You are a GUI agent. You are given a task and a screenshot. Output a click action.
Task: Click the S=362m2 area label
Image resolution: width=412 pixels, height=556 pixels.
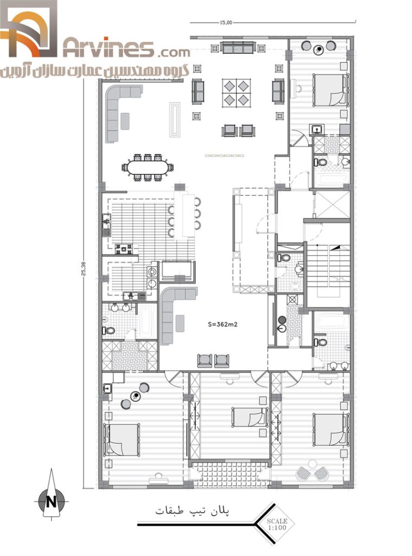[x=223, y=324]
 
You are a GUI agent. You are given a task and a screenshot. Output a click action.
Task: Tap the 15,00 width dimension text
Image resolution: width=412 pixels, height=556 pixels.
[x=226, y=23]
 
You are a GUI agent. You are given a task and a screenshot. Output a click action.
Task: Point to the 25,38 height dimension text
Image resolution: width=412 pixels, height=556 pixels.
[x=83, y=268]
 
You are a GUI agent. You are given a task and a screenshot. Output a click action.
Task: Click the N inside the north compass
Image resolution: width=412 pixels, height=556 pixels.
[x=51, y=502]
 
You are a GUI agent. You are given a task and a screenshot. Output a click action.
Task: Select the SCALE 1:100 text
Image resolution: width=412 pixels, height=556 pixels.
[x=277, y=524]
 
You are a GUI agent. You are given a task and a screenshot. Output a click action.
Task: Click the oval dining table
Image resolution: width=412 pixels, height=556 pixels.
[x=148, y=167]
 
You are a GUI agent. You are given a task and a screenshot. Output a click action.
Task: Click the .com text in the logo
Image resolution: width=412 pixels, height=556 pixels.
[x=173, y=53]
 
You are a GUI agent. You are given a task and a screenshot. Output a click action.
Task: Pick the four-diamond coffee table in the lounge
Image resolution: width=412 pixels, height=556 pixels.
[x=236, y=93]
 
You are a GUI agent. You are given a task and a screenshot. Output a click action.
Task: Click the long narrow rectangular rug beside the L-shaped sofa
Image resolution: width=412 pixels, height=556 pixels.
[x=175, y=119]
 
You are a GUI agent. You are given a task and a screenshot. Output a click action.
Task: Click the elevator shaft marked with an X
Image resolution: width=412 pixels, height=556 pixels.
[x=332, y=205]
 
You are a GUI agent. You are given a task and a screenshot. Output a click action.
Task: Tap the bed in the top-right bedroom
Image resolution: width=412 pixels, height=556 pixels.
[x=330, y=90]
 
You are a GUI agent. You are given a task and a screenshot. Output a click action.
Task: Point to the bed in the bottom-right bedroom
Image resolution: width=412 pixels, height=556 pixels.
[x=330, y=429]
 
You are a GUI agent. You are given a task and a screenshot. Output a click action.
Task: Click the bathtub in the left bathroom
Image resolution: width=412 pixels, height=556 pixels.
[x=145, y=321]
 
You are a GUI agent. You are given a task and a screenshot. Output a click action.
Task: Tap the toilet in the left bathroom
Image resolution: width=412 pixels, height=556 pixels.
[x=108, y=331]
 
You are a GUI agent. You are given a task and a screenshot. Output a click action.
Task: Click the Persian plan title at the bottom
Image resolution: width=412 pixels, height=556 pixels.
[x=192, y=510]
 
